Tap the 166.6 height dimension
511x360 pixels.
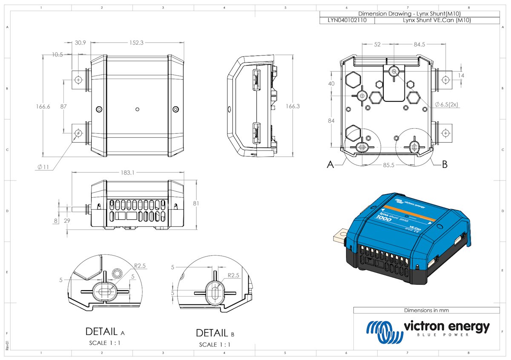[x=43, y=107]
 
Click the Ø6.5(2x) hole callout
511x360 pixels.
[x=446, y=104]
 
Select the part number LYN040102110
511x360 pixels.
[x=347, y=20]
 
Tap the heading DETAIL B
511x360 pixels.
[x=215, y=333]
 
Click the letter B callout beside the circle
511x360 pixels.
[x=445, y=164]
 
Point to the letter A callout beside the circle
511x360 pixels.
[x=330, y=165]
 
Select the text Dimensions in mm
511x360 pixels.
[x=426, y=310]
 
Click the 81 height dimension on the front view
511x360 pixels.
[x=196, y=203]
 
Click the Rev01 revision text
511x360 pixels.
[x=6, y=344]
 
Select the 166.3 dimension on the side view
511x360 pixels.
[x=292, y=106]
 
